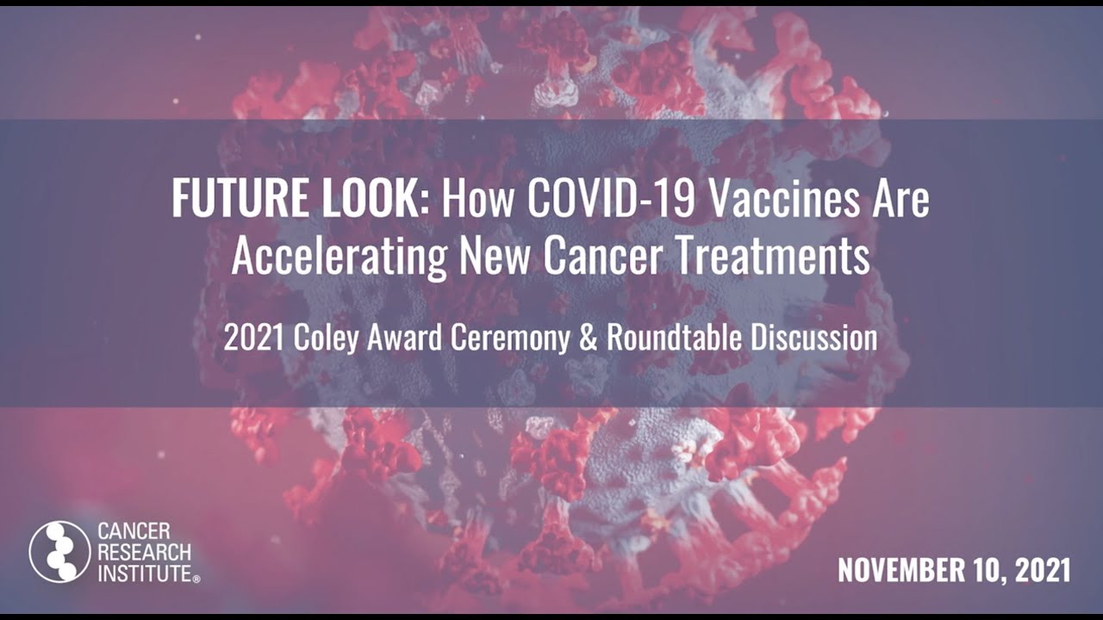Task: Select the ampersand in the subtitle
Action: [588, 338]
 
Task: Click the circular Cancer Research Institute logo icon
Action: [59, 552]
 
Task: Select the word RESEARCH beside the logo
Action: [144, 552]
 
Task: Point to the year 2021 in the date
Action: [1041, 570]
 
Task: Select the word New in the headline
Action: [494, 256]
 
